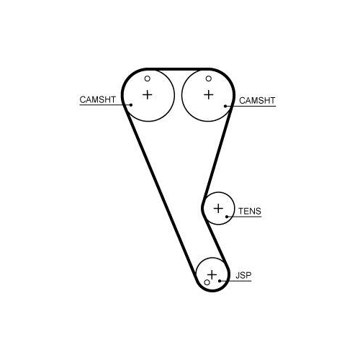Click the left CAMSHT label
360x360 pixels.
pyautogui.click(x=97, y=99)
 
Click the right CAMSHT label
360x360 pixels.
pyautogui.click(x=257, y=101)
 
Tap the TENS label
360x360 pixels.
pyautogui.click(x=250, y=211)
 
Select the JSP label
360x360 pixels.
pyautogui.click(x=243, y=275)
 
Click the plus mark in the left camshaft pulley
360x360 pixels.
pyautogui.click(x=148, y=95)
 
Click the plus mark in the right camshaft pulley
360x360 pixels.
pyautogui.click(x=209, y=95)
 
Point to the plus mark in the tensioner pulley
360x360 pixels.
pyautogui.click(x=218, y=208)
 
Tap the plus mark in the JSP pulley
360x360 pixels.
pyautogui.click(x=212, y=274)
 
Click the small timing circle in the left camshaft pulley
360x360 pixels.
pyautogui.click(x=148, y=78)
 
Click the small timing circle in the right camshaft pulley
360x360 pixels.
pyautogui.click(x=209, y=78)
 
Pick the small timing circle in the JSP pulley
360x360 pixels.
pyautogui.click(x=207, y=282)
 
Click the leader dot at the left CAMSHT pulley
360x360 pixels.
pyautogui.click(x=131, y=105)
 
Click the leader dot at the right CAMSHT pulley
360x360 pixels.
pyautogui.click(x=225, y=106)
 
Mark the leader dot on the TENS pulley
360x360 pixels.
pyautogui.click(x=227, y=217)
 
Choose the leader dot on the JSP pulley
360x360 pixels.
pyautogui.click(x=220, y=281)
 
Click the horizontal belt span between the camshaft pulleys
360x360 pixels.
pyautogui.click(x=178, y=69)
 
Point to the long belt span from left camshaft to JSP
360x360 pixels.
pyautogui.click(x=161, y=192)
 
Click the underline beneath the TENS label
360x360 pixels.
pyautogui.click(x=244, y=217)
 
